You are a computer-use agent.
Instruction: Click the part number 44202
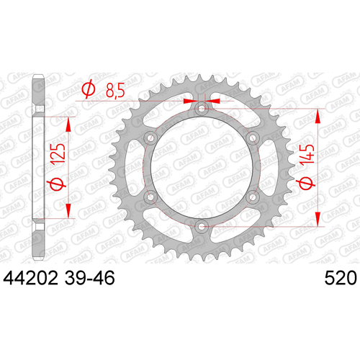coord(30,278)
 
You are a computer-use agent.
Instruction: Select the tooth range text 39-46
coord(89,278)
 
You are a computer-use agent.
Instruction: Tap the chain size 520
coord(341,278)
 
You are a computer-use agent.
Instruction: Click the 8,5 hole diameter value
coord(115,91)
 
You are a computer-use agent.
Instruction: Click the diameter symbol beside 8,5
coord(89,89)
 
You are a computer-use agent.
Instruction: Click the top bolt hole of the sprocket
coord(202,109)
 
